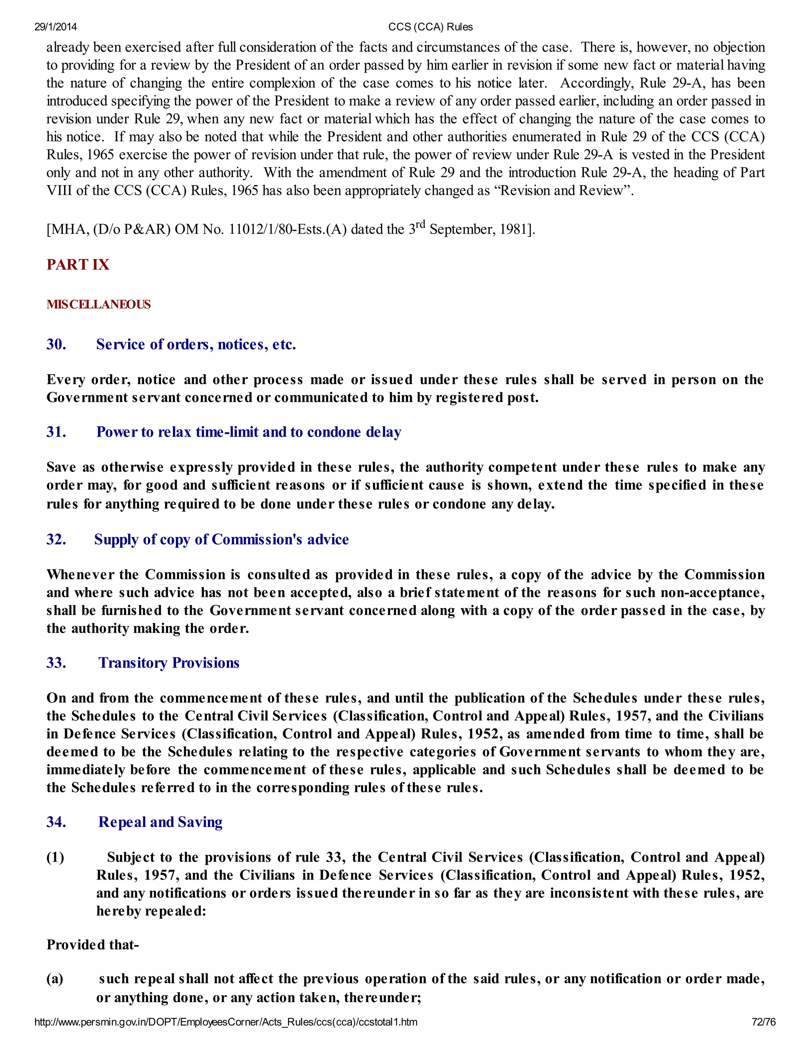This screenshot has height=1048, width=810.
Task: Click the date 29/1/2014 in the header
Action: click(55, 27)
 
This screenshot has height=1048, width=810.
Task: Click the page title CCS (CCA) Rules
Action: click(430, 27)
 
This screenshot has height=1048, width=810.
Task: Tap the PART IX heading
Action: click(78, 265)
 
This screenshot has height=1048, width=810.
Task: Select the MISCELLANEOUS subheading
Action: click(98, 304)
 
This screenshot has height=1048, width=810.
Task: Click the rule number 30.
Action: click(56, 344)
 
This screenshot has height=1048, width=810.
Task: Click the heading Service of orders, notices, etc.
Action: click(196, 344)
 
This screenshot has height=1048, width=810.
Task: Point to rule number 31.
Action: click(56, 432)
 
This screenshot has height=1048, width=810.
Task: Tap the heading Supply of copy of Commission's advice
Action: click(221, 539)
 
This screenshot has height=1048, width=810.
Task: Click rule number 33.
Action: click(56, 663)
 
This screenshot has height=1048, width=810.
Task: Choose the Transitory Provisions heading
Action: click(168, 663)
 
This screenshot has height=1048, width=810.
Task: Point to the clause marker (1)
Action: click(55, 857)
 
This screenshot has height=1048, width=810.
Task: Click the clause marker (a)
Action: click(55, 978)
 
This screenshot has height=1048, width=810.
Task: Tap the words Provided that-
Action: click(93, 944)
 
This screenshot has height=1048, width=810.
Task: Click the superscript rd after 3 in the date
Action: click(420, 224)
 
